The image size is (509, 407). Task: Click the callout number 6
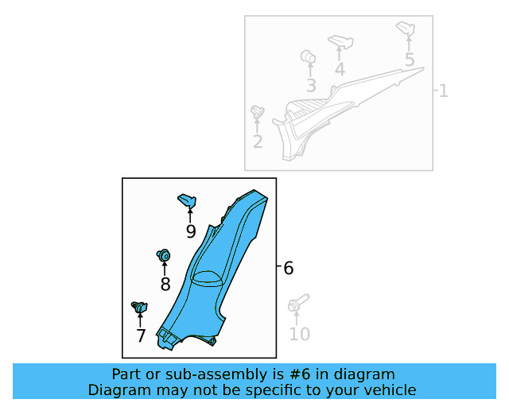click(x=288, y=268)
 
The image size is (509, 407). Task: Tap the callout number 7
click(x=141, y=335)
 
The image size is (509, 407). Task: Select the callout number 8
click(x=165, y=285)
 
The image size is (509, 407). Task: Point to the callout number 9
click(x=191, y=231)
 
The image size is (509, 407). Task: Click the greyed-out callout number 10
click(x=299, y=334)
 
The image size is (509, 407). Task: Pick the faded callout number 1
click(x=444, y=91)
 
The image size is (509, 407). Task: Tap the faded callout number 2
click(x=258, y=141)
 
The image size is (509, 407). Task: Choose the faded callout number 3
click(x=311, y=86)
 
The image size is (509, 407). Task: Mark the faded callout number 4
click(x=340, y=70)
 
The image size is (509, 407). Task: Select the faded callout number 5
click(x=410, y=60)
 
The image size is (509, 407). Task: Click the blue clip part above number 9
click(x=187, y=200)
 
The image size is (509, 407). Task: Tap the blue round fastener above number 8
click(x=163, y=255)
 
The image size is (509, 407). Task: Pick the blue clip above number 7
click(x=140, y=307)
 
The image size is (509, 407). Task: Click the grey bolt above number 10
click(x=298, y=302)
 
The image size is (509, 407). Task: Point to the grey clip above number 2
click(x=258, y=111)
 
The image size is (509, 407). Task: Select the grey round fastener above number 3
click(x=308, y=56)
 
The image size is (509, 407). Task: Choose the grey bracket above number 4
click(x=340, y=41)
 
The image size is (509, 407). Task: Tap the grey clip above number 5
click(x=406, y=29)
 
